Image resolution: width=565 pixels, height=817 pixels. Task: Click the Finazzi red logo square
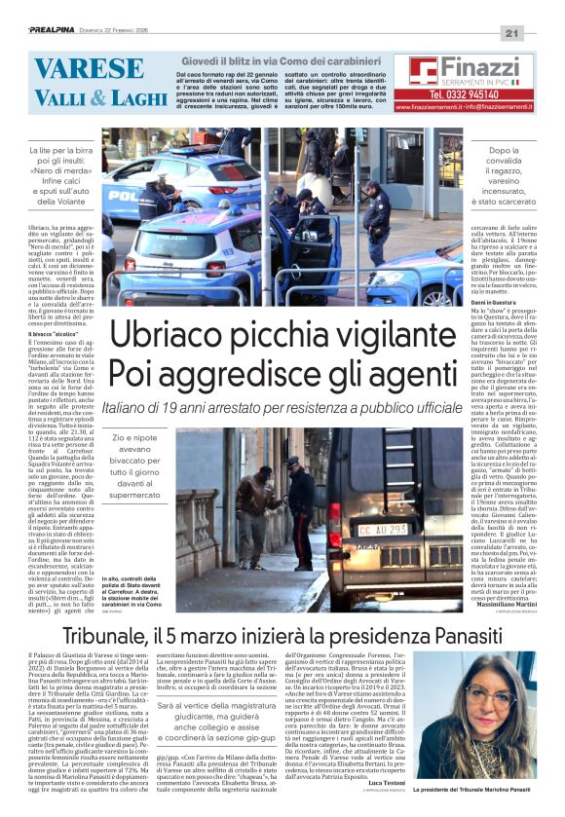point(422,71)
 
